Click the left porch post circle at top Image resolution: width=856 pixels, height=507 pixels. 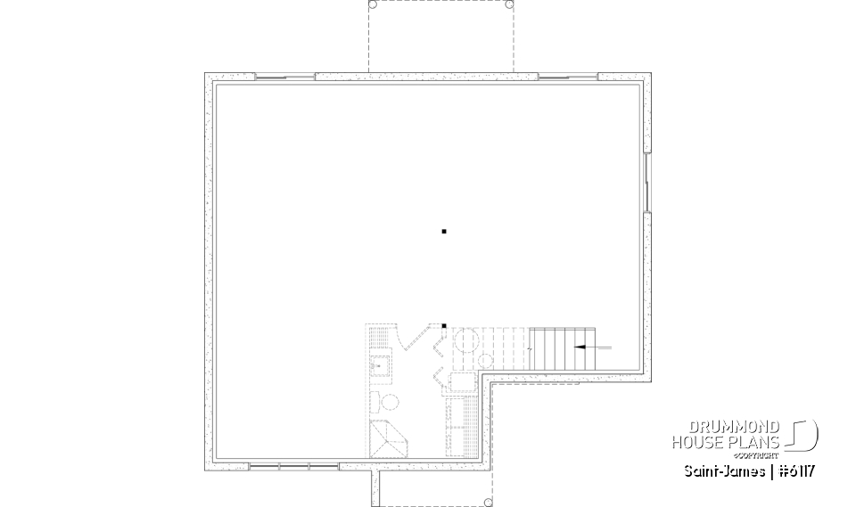[x=373, y=4]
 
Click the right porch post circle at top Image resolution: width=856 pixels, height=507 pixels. [x=509, y=4]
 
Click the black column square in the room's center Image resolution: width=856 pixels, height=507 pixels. [x=444, y=232]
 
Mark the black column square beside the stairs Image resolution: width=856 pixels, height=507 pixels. [x=444, y=325]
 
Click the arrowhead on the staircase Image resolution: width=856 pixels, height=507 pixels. [x=579, y=345]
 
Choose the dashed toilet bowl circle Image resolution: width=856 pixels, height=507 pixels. [x=376, y=399]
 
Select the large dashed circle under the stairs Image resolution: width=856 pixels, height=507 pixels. [x=466, y=342]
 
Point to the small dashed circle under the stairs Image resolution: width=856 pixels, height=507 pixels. [x=487, y=359]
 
